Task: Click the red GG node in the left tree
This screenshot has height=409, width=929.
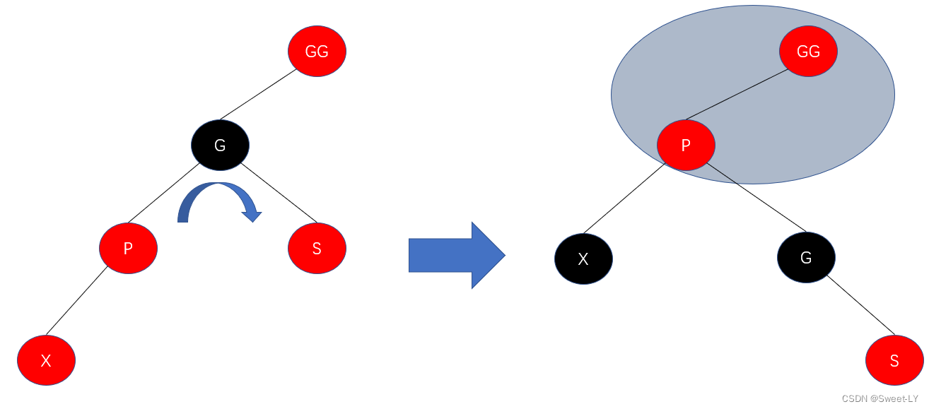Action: pos(317,51)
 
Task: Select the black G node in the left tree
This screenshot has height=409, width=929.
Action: pos(220,146)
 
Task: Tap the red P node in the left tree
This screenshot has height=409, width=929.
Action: pos(128,248)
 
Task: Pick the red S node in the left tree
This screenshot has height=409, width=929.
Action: pos(317,248)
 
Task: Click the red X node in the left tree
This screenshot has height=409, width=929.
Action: pos(46,360)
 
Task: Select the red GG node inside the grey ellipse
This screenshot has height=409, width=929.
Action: pos(808,51)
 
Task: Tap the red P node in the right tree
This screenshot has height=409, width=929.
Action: pos(685,146)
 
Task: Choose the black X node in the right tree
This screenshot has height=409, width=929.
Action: pos(583,259)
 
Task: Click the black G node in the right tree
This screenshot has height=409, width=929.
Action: pos(806,257)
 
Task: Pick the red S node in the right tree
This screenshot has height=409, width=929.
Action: pos(894,360)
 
